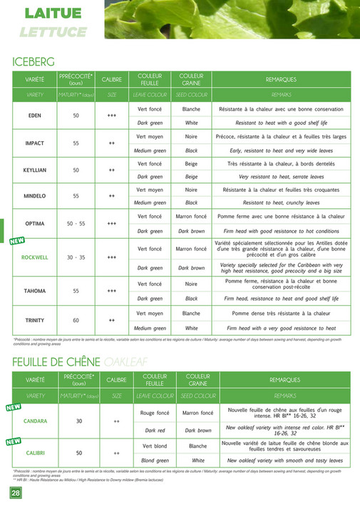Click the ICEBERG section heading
pos(34,62)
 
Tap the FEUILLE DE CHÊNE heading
pos(57,362)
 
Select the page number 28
pos(15,493)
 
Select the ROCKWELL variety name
pos(35,257)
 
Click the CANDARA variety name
pos(35,421)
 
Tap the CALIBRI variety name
pos(35,453)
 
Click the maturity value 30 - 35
pos(76,257)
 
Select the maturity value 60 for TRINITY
pos(76,320)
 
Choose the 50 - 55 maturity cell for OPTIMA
pos(76,223)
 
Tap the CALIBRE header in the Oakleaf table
pos(116,380)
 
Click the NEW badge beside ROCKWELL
pos(17,241)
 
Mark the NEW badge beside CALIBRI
pos(14,441)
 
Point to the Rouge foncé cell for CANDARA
pos(155,413)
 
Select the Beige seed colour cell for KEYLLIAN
pos(191,163)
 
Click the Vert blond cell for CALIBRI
pos(155,446)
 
